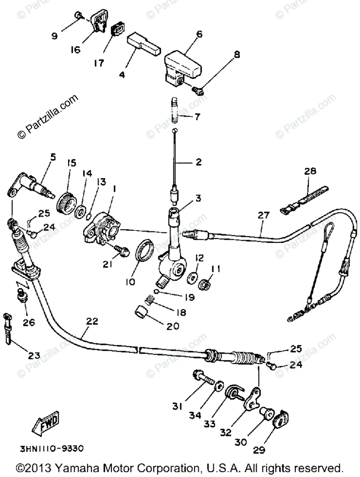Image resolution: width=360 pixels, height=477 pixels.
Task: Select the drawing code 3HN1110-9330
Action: [52, 449]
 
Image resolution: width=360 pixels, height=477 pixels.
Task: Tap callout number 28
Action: [310, 171]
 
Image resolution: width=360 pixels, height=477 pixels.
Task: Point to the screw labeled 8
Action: [199, 91]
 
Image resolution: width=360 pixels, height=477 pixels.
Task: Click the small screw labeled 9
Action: [78, 16]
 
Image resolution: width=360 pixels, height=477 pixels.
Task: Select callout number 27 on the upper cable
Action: [263, 216]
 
